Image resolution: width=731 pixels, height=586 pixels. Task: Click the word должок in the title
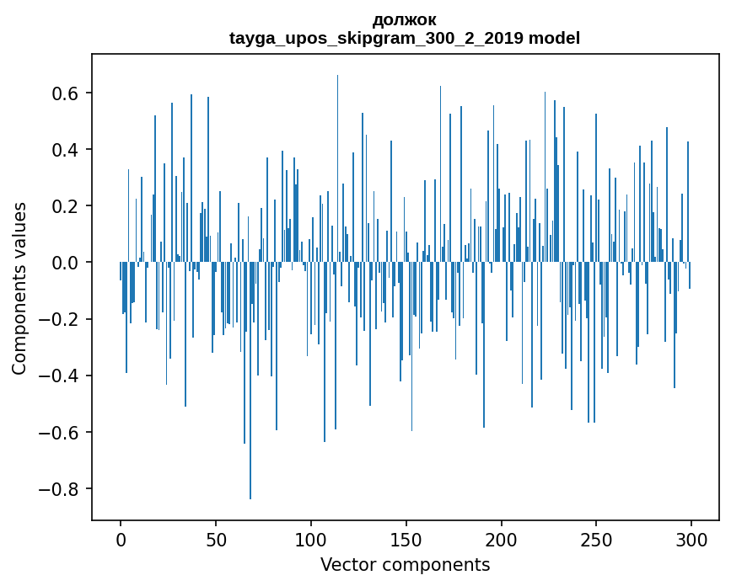click(x=405, y=20)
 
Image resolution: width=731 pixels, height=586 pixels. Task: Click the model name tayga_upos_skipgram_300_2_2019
click(x=376, y=38)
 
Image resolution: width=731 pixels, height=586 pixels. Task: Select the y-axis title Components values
click(x=19, y=289)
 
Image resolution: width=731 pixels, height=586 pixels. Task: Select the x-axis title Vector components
click(x=405, y=565)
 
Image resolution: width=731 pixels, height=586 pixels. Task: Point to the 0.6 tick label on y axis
click(x=64, y=93)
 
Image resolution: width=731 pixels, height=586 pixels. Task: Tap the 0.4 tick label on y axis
click(x=64, y=149)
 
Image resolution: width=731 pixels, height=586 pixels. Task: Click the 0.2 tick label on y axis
click(x=64, y=206)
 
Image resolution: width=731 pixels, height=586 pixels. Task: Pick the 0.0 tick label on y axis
click(x=64, y=263)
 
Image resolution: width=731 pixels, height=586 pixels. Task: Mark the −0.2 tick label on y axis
click(x=58, y=320)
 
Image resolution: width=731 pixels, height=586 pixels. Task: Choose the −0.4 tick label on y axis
click(x=58, y=376)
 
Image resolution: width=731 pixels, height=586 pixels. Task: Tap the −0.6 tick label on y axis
click(x=58, y=433)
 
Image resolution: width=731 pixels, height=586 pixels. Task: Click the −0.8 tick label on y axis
click(x=58, y=489)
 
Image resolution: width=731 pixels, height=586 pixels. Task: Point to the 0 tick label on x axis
click(x=121, y=540)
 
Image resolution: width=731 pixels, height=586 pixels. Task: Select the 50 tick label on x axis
click(x=216, y=540)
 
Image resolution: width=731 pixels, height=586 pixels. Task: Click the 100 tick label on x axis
click(x=311, y=540)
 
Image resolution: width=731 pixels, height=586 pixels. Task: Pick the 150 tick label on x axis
click(x=406, y=540)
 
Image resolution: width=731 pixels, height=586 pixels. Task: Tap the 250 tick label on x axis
click(x=596, y=540)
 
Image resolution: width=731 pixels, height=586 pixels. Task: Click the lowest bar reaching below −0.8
click(x=250, y=381)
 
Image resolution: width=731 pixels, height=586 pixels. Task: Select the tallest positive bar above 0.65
click(x=337, y=168)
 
